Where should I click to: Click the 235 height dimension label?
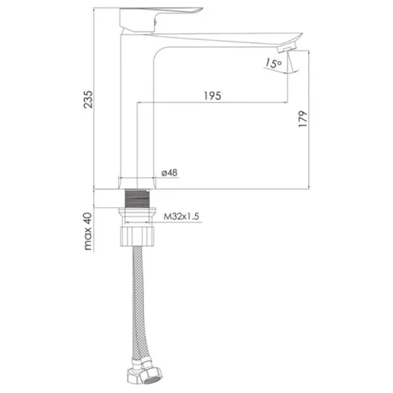click(88, 100)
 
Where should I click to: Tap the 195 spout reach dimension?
click(212, 96)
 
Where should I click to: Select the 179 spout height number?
click(303, 119)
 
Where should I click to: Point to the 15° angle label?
click(273, 63)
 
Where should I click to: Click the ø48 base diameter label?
click(170, 173)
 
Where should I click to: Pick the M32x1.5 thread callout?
click(181, 216)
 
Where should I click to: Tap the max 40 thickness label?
click(88, 231)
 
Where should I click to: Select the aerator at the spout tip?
click(287, 47)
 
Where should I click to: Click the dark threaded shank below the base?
click(137, 198)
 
